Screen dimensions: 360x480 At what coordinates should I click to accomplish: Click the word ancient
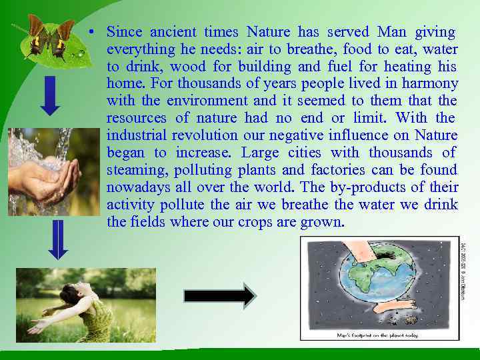(173, 32)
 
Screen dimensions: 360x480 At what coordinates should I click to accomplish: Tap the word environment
(207, 101)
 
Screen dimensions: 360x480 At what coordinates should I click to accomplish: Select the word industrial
(137, 136)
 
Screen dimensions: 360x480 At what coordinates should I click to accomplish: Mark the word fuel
(339, 67)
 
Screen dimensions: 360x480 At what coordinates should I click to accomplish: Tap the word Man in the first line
(391, 32)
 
